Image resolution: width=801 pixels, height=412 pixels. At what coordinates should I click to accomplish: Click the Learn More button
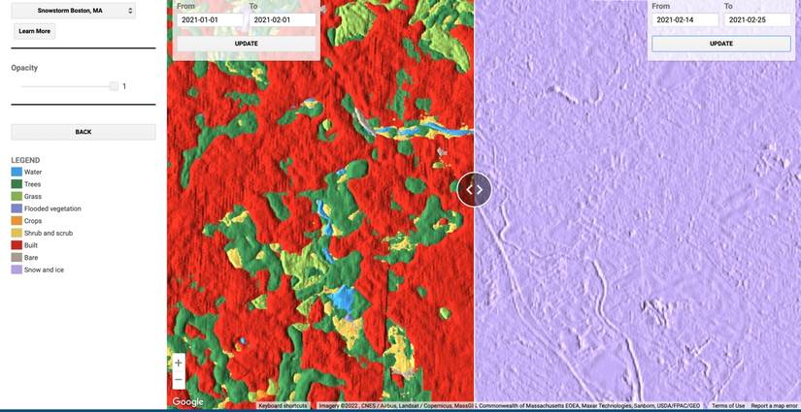[35, 31]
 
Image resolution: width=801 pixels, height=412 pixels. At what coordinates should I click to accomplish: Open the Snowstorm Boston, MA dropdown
[74, 11]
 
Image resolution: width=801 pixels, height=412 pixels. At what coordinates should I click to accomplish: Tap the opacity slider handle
[114, 86]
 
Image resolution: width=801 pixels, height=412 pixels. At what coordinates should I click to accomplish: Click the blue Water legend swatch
[17, 172]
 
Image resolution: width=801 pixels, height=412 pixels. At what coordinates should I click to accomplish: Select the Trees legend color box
[17, 184]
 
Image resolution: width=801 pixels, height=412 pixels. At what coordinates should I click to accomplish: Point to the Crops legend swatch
[17, 221]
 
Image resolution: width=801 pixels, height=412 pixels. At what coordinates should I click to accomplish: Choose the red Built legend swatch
[17, 245]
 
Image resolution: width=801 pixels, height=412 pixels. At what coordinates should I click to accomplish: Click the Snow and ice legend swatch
[17, 269]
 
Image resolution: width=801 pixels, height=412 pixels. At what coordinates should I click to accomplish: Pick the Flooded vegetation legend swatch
[17, 208]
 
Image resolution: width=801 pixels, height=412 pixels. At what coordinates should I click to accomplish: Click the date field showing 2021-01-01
[210, 19]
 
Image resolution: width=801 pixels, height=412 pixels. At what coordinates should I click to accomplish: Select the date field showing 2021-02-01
[283, 19]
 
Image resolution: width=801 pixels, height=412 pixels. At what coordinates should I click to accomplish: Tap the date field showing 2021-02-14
[684, 19]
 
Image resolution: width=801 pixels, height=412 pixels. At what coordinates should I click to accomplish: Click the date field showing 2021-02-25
[757, 19]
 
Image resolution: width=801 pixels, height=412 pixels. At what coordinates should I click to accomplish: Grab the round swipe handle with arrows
[475, 189]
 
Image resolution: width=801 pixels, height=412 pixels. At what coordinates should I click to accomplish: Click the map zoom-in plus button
[178, 363]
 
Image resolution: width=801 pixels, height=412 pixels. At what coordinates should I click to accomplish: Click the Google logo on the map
[187, 401]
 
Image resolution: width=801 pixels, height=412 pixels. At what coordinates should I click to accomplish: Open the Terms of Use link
[727, 406]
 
